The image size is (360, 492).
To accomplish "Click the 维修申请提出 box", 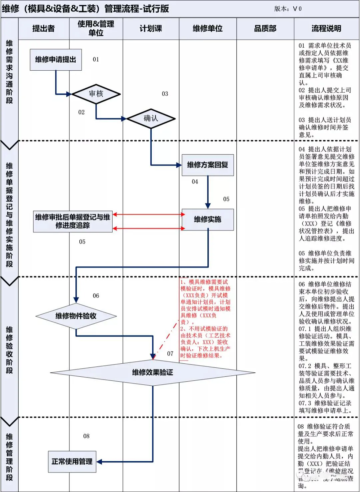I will click(x=56, y=60).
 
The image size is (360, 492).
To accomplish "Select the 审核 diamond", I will click(x=96, y=94).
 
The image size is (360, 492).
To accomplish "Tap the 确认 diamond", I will click(x=151, y=118).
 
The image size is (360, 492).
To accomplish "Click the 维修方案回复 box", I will click(x=207, y=165).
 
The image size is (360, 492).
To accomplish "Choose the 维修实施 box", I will click(x=207, y=219).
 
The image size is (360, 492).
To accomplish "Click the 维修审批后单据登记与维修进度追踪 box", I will click(x=73, y=221).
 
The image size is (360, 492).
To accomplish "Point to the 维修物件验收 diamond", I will click(x=76, y=316).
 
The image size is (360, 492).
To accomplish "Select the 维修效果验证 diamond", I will click(x=153, y=372).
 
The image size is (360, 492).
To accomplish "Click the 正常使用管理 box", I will click(x=72, y=462).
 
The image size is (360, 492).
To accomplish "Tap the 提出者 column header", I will click(x=43, y=29).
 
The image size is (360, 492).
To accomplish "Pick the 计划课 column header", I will click(x=151, y=29).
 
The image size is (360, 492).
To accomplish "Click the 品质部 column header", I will click(x=265, y=29).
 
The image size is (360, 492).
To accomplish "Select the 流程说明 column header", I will click(x=326, y=29).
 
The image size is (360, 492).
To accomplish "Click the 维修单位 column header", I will click(x=207, y=29).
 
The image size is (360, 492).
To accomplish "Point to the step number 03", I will click(x=165, y=94).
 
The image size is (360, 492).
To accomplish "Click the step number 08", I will click(x=86, y=436).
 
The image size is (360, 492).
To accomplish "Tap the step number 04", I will click(x=195, y=182).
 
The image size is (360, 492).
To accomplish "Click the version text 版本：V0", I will click(x=288, y=9).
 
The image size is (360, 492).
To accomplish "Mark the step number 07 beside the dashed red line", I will click(x=170, y=353).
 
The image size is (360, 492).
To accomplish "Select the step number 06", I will click(x=96, y=295).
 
